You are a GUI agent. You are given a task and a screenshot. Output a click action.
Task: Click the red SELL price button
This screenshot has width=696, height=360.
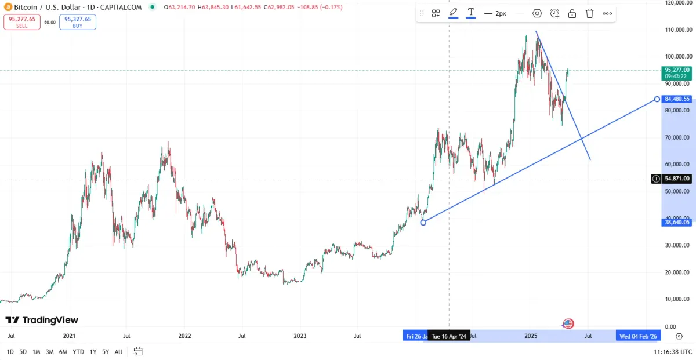point(21,22)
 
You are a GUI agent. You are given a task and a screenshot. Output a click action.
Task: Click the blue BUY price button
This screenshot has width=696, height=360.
point(78,22)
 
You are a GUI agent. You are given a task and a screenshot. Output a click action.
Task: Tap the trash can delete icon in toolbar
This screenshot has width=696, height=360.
point(589,13)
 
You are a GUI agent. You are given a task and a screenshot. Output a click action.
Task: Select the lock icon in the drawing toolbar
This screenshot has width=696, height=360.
point(572,13)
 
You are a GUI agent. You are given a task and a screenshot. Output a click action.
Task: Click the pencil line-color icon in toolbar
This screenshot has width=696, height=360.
point(453,13)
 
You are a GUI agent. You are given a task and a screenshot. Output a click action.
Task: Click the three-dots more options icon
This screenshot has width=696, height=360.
point(607,13)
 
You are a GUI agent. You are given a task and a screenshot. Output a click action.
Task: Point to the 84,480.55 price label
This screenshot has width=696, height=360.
point(676,99)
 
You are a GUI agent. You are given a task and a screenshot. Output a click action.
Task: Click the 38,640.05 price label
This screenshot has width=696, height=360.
point(676,222)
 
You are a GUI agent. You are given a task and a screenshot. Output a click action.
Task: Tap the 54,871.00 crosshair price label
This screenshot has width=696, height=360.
point(676,179)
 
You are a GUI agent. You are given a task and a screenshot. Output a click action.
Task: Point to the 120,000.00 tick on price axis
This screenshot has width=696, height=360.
point(676,3)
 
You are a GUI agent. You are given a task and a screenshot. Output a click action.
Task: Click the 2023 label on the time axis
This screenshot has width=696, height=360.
point(300,336)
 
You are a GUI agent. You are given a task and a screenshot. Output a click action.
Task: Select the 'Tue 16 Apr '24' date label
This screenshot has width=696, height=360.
point(449,336)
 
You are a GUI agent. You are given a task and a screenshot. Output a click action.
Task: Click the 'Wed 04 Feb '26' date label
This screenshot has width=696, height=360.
point(638,336)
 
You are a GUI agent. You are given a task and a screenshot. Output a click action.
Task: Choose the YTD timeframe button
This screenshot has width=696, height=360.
point(78,352)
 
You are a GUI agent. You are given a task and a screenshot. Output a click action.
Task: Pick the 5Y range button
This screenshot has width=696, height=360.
point(105,352)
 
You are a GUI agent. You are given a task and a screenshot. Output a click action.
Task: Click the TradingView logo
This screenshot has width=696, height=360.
point(42,320)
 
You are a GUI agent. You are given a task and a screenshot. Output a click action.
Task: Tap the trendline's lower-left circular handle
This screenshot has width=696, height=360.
point(423,222)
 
